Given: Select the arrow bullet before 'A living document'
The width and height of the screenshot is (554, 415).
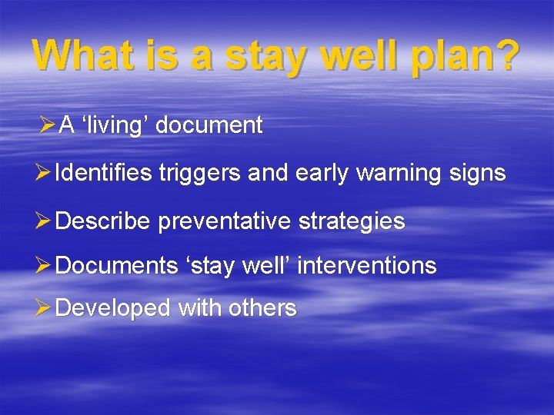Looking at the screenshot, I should click(x=47, y=125).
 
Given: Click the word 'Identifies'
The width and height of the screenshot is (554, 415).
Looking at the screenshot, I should click(x=105, y=174).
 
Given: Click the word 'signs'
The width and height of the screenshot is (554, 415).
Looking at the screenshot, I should click(x=479, y=174).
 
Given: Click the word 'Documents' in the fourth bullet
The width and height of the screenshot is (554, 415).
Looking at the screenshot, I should click(x=116, y=266).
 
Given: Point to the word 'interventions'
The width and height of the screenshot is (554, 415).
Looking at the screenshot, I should click(x=367, y=266).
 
